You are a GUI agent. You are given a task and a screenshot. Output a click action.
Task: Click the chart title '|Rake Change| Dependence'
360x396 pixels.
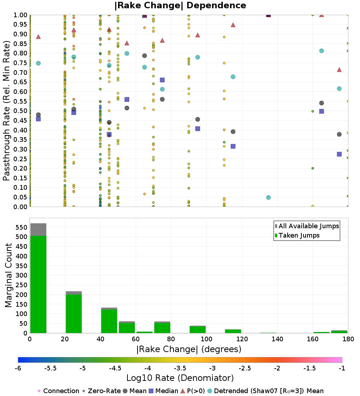[x=180, y=5]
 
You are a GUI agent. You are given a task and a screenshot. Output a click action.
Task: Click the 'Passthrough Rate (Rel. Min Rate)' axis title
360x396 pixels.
[x=6, y=111]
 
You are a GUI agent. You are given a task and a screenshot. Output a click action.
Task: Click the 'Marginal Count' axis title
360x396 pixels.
[x=8, y=275]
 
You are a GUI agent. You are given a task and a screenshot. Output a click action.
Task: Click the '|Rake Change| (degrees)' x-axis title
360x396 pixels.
[x=189, y=349]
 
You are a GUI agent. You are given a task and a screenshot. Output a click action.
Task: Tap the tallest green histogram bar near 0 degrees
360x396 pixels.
[x=39, y=284]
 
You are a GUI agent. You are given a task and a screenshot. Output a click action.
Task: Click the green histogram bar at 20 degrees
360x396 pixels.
[x=74, y=314]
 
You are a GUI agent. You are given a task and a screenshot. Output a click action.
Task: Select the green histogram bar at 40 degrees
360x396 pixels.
[x=109, y=321]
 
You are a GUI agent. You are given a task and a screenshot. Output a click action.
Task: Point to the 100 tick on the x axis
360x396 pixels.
[x=206, y=339]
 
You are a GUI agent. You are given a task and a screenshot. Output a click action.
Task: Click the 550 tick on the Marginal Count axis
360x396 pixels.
[x=22, y=227]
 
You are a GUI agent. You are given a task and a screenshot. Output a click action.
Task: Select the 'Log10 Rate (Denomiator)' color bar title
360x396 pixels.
[x=180, y=378]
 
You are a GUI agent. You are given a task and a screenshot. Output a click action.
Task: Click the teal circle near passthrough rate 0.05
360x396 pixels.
[x=269, y=198]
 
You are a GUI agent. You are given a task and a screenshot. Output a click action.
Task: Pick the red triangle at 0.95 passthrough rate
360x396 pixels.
[x=233, y=25]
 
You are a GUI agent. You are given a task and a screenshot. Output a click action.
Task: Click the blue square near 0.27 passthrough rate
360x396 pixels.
[x=339, y=154]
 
